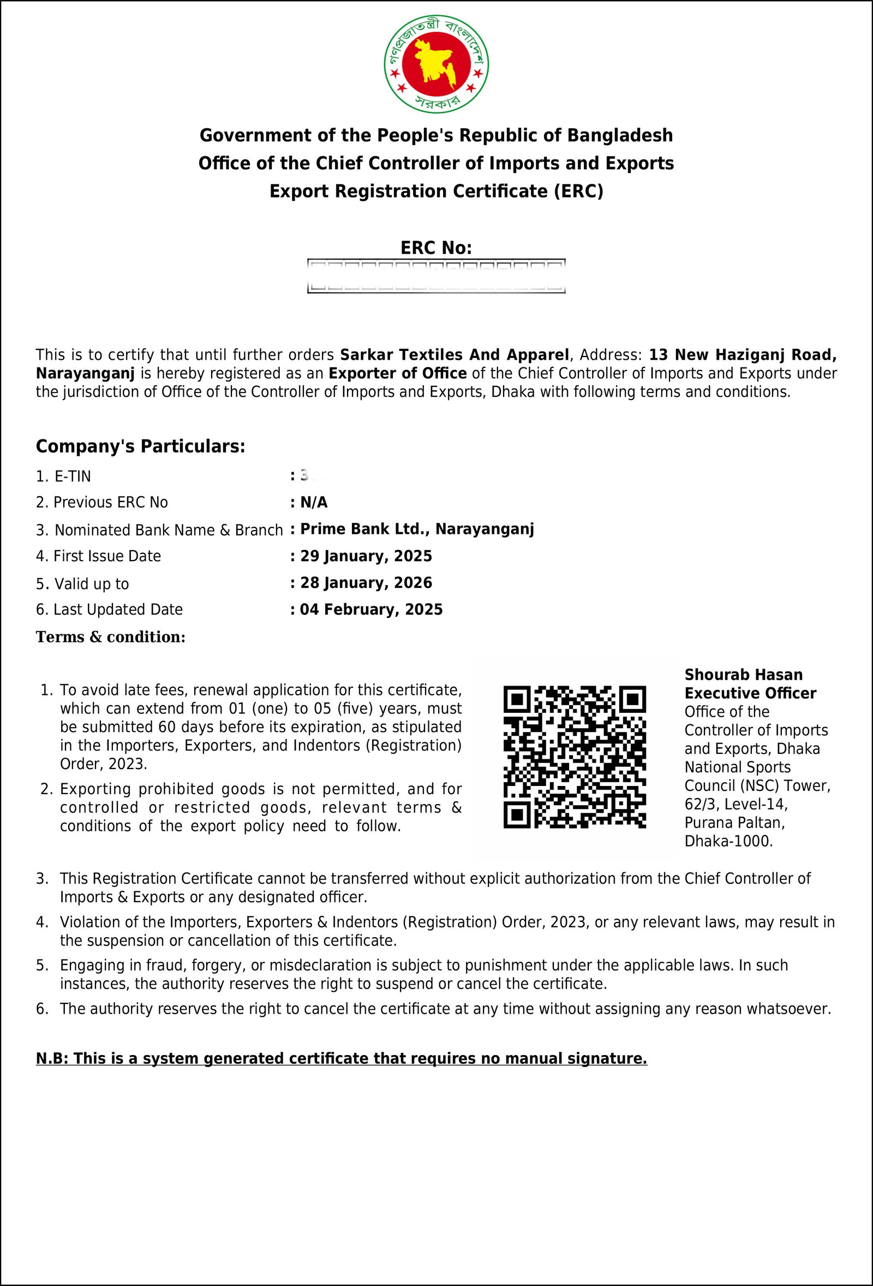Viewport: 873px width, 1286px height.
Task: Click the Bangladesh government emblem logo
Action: (436, 65)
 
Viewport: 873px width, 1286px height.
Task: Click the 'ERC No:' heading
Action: (436, 248)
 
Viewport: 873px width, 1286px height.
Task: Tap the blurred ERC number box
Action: (436, 276)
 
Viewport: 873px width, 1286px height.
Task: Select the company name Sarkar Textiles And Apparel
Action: (454, 354)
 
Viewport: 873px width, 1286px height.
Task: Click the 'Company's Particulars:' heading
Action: (140, 446)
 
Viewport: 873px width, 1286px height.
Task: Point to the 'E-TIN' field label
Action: (73, 477)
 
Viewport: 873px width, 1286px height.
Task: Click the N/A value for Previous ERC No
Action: (314, 503)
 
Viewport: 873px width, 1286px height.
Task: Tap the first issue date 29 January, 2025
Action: (366, 556)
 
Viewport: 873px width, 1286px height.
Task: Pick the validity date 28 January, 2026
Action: (366, 582)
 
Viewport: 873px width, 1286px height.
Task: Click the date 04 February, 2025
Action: (371, 609)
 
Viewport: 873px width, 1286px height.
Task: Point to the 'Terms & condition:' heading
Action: (111, 637)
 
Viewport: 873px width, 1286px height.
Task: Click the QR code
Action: (574, 757)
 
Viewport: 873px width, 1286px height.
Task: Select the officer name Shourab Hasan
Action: (743, 675)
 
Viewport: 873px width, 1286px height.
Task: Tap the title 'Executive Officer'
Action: (750, 693)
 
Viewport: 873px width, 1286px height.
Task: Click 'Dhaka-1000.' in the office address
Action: (728, 841)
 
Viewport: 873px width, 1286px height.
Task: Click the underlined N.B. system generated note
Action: (342, 1058)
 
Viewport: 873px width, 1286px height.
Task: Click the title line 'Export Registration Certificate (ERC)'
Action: (436, 191)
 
